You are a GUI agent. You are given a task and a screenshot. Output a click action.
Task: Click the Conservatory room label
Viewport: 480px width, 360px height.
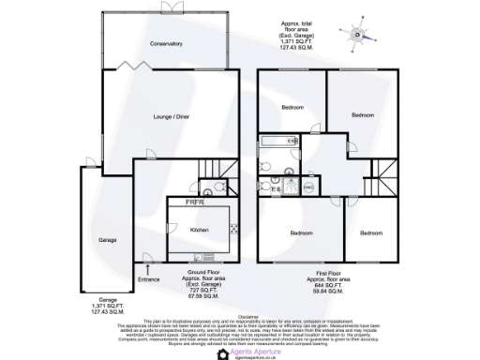[164, 44]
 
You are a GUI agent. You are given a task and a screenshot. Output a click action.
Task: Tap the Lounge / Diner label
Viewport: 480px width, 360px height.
[170, 117]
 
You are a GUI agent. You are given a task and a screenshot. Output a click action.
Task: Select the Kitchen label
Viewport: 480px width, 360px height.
[199, 230]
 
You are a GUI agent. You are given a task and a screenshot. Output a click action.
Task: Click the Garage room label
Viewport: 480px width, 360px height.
[108, 240]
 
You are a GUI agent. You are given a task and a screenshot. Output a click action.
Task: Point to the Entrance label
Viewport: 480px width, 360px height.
[149, 278]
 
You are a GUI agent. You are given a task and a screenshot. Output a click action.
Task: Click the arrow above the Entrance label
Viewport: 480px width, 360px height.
[147, 269]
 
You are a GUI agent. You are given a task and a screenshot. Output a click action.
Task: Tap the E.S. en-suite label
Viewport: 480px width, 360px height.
[277, 191]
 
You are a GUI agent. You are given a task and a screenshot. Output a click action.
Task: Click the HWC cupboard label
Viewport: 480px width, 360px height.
[306, 186]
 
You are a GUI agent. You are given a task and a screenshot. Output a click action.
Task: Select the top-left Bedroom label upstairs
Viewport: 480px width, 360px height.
[293, 108]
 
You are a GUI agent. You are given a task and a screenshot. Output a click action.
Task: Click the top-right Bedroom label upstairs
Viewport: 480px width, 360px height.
[363, 114]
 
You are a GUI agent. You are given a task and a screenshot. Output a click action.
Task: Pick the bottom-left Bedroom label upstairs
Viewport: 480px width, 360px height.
[300, 232]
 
